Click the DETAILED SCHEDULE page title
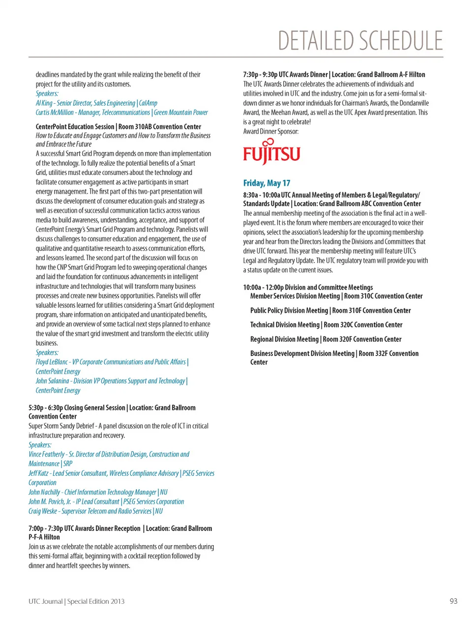[360, 41]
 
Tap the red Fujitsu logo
[271, 152]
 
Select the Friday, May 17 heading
[266, 183]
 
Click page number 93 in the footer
[453, 601]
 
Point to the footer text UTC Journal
[46, 601]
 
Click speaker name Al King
[44, 103]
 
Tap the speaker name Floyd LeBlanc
[52, 362]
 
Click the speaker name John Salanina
[52, 381]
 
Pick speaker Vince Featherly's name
[47, 454]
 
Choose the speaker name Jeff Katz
[38, 473]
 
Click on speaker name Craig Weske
[43, 511]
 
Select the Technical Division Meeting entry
[285, 325]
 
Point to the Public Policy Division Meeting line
[289, 311]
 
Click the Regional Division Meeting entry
[284, 339]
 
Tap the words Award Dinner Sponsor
[270, 131]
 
